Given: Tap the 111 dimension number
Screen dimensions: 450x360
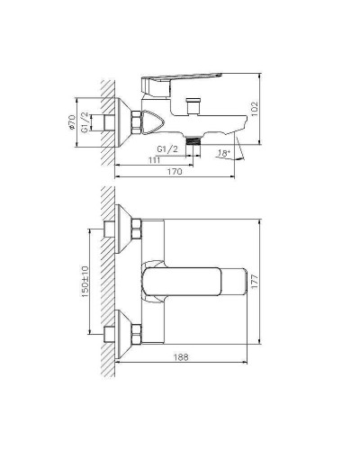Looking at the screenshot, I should coord(156,159).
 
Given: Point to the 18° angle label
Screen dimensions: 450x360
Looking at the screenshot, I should coord(225,155).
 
